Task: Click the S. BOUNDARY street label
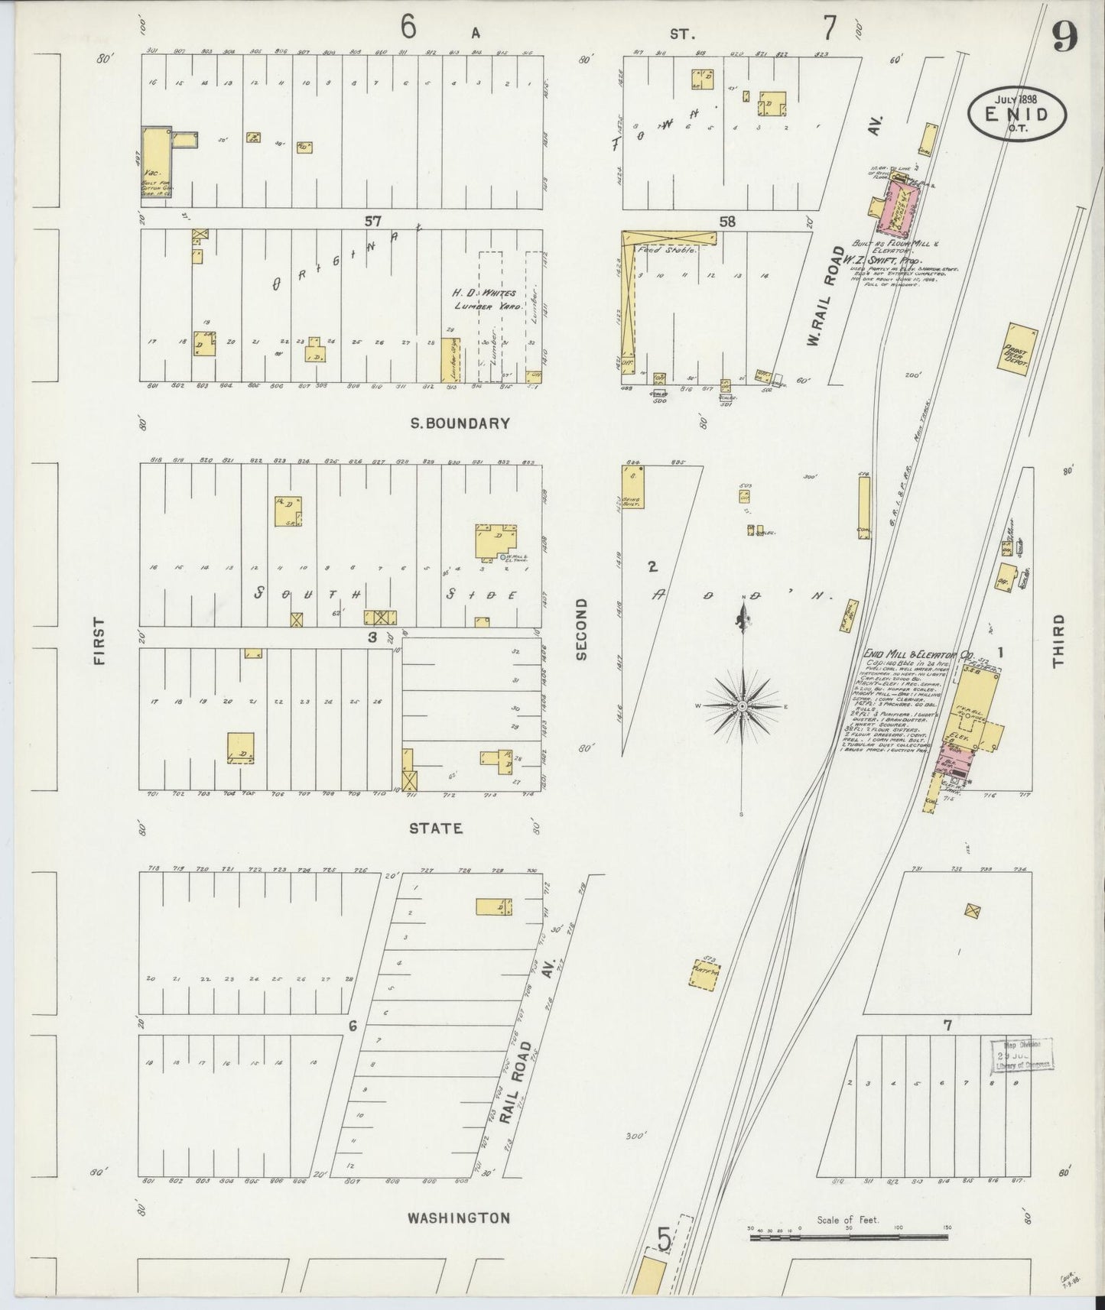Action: [460, 423]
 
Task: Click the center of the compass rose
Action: [741, 706]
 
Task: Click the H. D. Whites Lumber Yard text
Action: [485, 300]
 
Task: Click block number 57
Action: [372, 222]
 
